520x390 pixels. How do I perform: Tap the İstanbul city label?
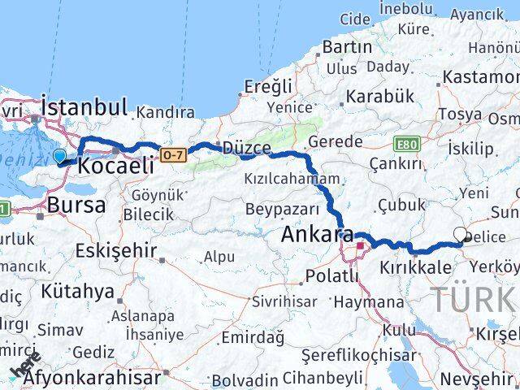tap(84, 106)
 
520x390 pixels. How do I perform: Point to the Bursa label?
tap(76, 205)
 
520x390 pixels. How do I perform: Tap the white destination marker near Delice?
tap(461, 236)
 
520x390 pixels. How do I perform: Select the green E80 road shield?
tap(407, 144)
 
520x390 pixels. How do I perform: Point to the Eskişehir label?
tap(115, 250)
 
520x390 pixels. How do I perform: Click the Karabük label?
tap(379, 96)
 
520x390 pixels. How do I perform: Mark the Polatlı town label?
tap(331, 276)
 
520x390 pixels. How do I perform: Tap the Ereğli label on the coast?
tap(267, 85)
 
